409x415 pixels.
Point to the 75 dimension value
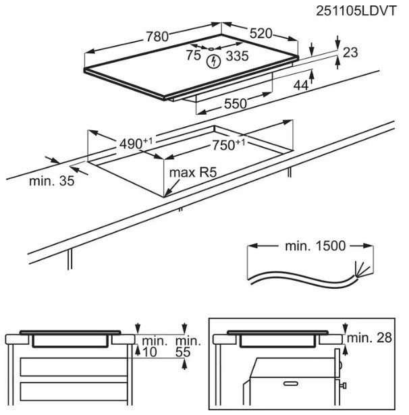pyautogui.click(x=192, y=56)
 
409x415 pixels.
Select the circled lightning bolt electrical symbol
pyautogui.click(x=214, y=62)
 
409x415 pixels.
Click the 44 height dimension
pyautogui.click(x=301, y=84)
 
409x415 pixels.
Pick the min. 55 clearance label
pyautogui.click(x=188, y=346)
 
